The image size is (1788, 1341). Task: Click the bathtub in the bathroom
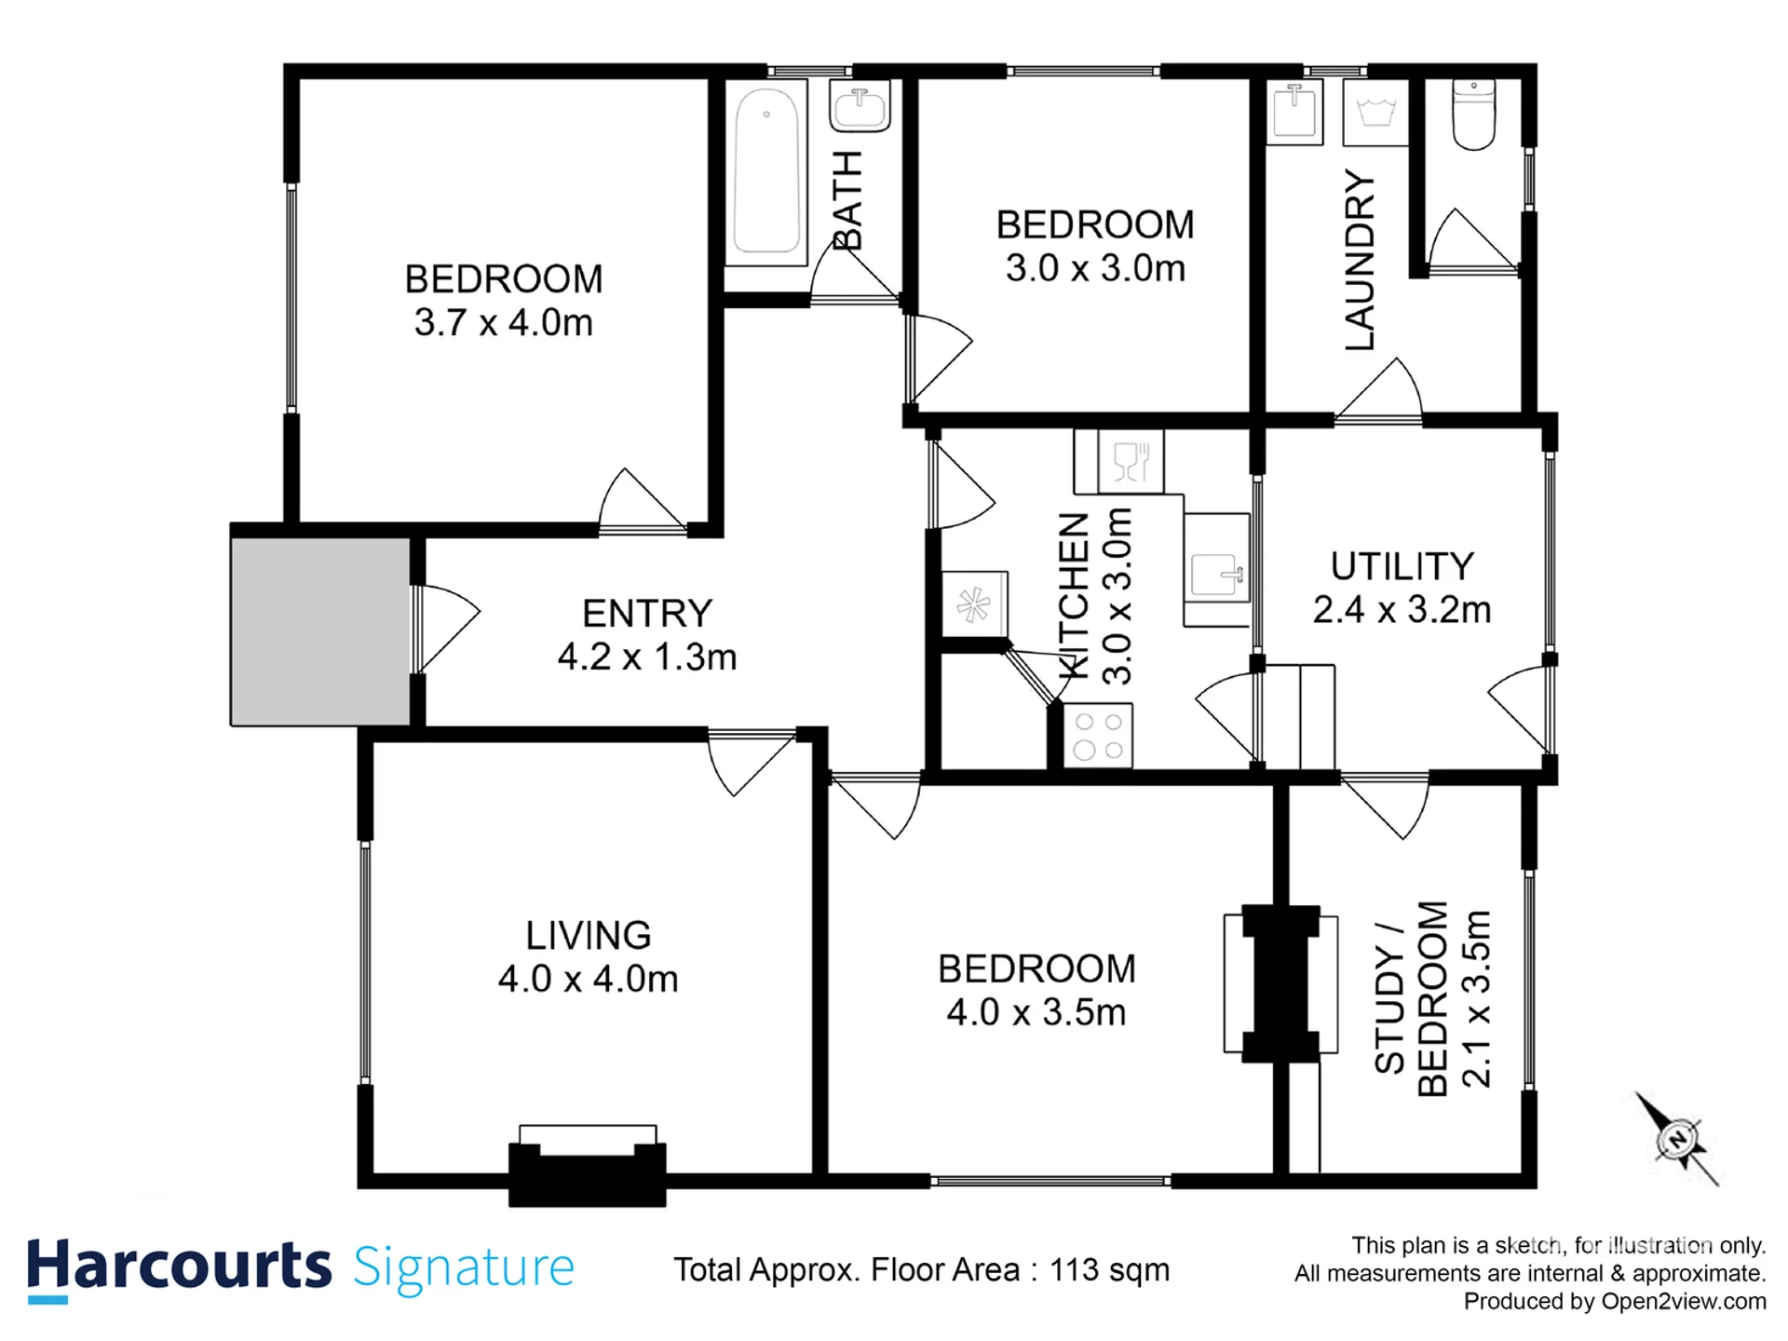coord(766,172)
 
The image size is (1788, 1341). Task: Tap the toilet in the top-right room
coord(1473,115)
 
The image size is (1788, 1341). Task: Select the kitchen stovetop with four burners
coord(1098,736)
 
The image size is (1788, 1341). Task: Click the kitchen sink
coord(1217,570)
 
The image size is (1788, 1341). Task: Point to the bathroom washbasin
coord(860,105)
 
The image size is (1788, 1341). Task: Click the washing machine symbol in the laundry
coord(1375,113)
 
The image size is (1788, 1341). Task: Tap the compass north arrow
coord(1677,1139)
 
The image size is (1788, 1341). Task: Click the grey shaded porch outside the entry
coord(320,631)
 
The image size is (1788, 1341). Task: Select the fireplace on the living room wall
coord(587,1165)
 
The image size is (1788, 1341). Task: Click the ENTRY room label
coord(647,614)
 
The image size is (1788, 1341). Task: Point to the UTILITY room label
coord(1402,566)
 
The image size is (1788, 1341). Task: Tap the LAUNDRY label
coord(1360,260)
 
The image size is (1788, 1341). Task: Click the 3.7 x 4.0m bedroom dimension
coord(503,323)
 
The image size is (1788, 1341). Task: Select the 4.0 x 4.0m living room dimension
coord(588,979)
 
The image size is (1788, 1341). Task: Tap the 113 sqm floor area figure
coord(1109,1270)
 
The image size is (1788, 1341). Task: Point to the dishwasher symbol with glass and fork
coord(1131,461)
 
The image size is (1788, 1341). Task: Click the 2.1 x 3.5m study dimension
coord(1476,998)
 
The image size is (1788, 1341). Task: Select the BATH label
coord(847,201)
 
